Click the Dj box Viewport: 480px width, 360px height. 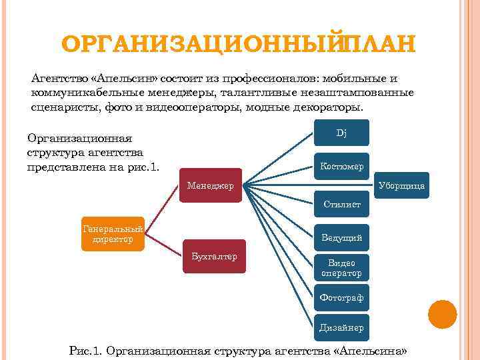point(341,133)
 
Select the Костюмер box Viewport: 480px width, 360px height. point(341,166)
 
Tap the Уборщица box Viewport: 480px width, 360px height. point(401,185)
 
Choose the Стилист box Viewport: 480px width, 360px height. point(341,205)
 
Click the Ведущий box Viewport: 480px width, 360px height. point(341,237)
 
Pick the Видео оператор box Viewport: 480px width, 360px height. point(341,268)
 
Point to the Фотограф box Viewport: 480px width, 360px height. point(341,297)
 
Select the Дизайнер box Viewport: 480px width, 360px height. point(341,327)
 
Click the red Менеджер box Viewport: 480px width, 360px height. point(211,185)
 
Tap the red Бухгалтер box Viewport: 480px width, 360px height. point(214,256)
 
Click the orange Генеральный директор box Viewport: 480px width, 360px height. point(113,234)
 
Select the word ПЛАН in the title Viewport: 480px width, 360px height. point(381,45)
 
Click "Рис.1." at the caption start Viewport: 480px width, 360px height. point(87,351)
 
